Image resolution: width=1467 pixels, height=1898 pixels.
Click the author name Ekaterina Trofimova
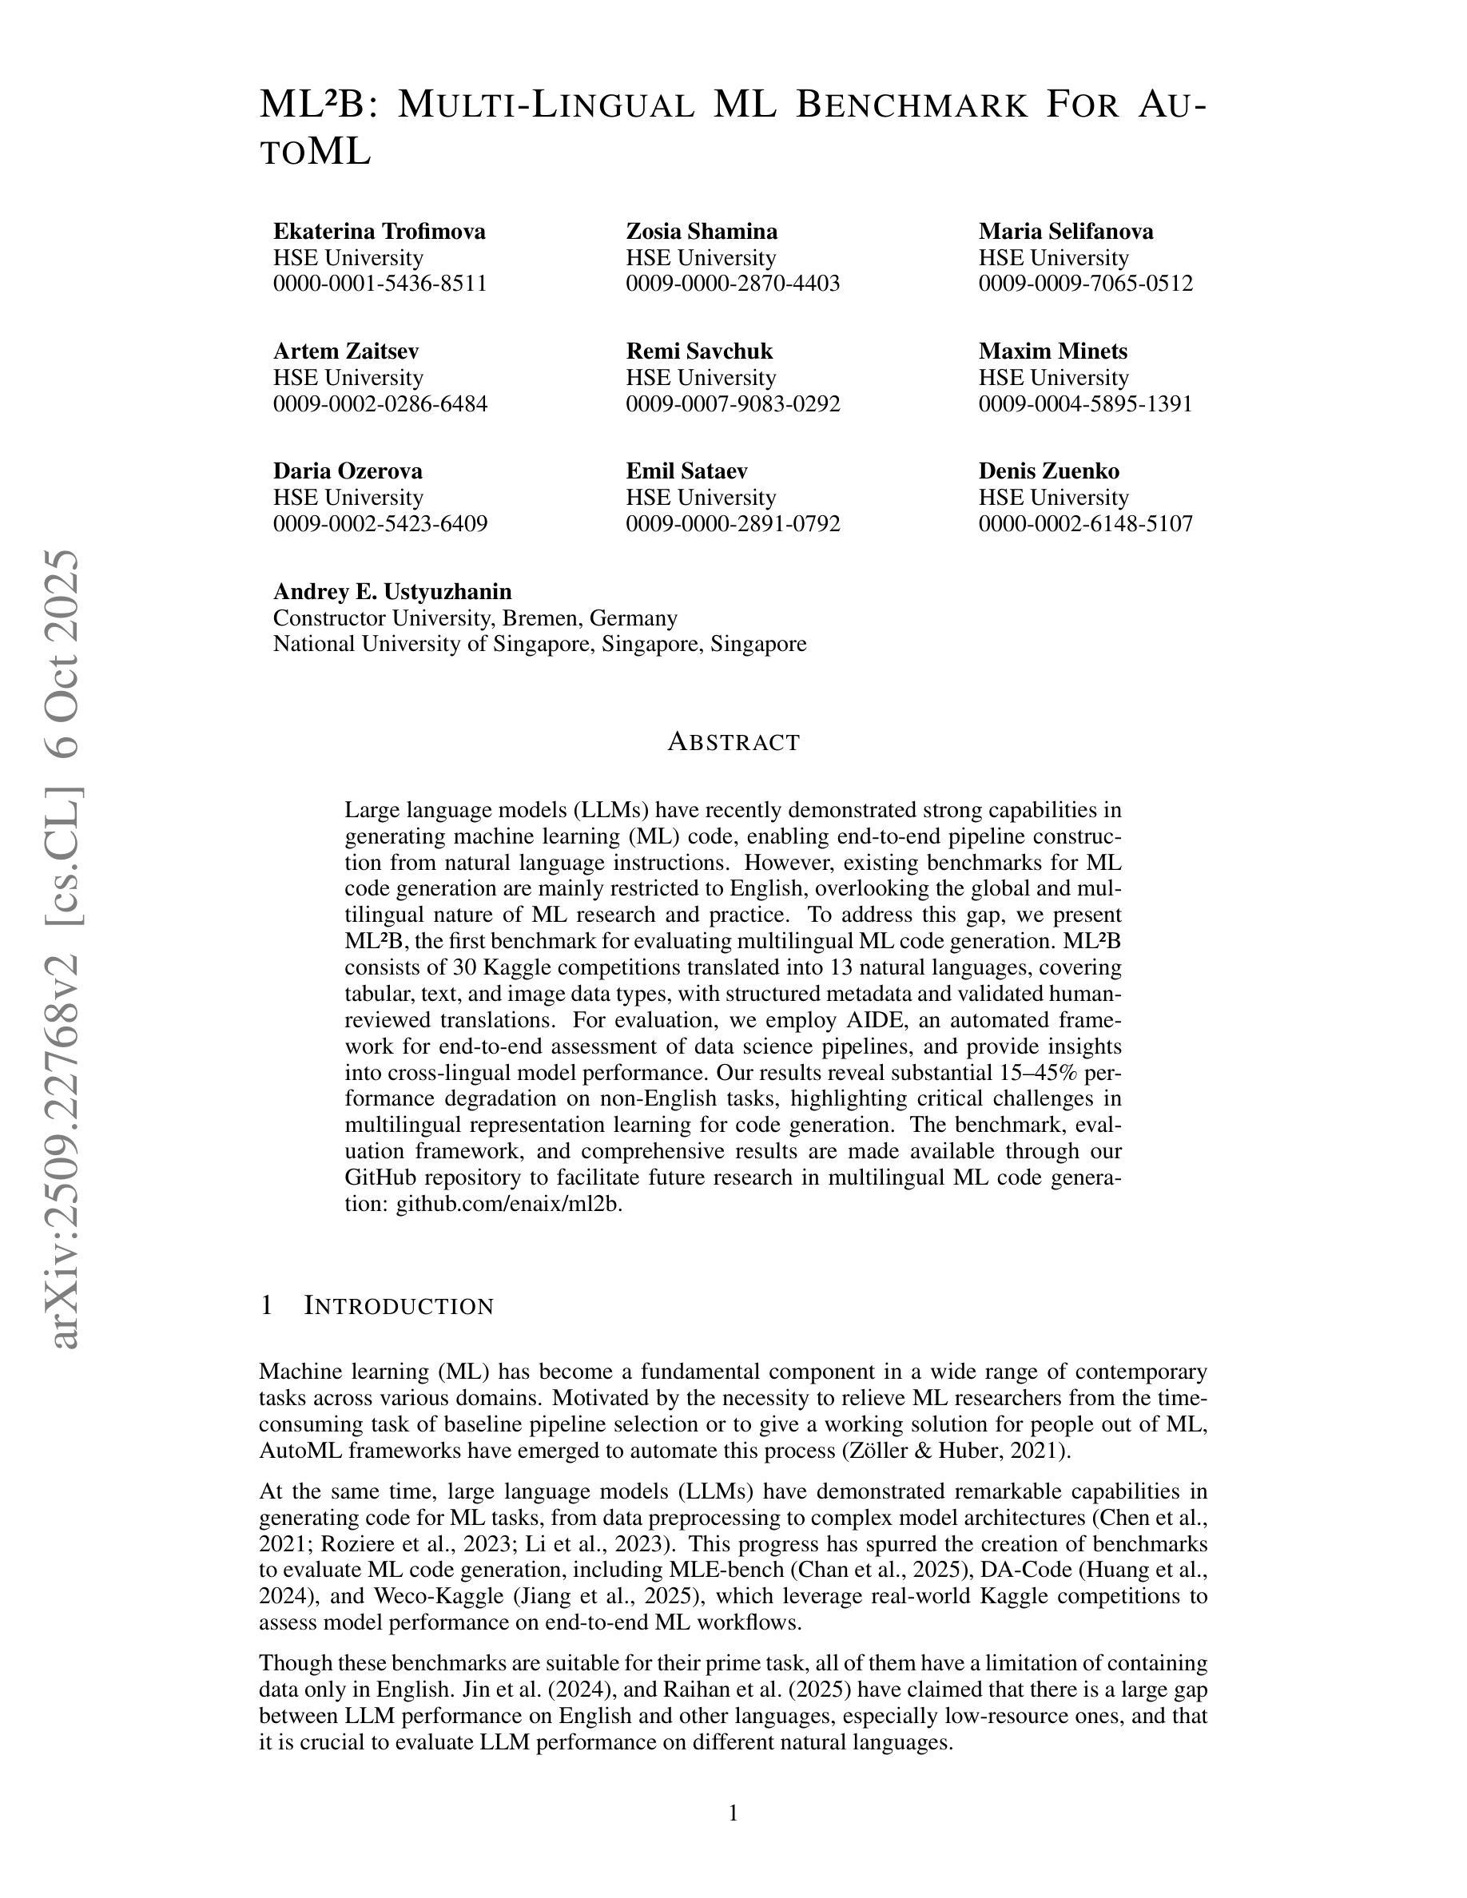click(379, 231)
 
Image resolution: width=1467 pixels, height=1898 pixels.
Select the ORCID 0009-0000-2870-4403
click(733, 284)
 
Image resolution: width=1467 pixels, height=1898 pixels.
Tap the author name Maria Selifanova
click(1065, 231)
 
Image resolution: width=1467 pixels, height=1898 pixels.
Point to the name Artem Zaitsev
click(346, 351)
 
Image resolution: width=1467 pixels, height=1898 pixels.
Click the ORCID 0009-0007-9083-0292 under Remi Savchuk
click(733, 403)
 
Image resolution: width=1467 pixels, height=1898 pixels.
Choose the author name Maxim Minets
click(1052, 351)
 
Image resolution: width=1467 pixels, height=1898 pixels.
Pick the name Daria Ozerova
click(348, 471)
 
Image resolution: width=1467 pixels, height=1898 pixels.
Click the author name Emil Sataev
click(686, 471)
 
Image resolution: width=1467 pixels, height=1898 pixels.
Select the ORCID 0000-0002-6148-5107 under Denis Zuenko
click(1086, 523)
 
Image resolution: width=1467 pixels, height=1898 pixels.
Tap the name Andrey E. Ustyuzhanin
click(392, 592)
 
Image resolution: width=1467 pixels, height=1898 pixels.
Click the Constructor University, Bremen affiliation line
click(475, 618)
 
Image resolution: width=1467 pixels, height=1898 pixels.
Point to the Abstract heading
click(733, 742)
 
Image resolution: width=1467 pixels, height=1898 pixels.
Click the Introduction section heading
click(398, 1306)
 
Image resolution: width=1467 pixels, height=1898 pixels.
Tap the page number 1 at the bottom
click(733, 1813)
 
